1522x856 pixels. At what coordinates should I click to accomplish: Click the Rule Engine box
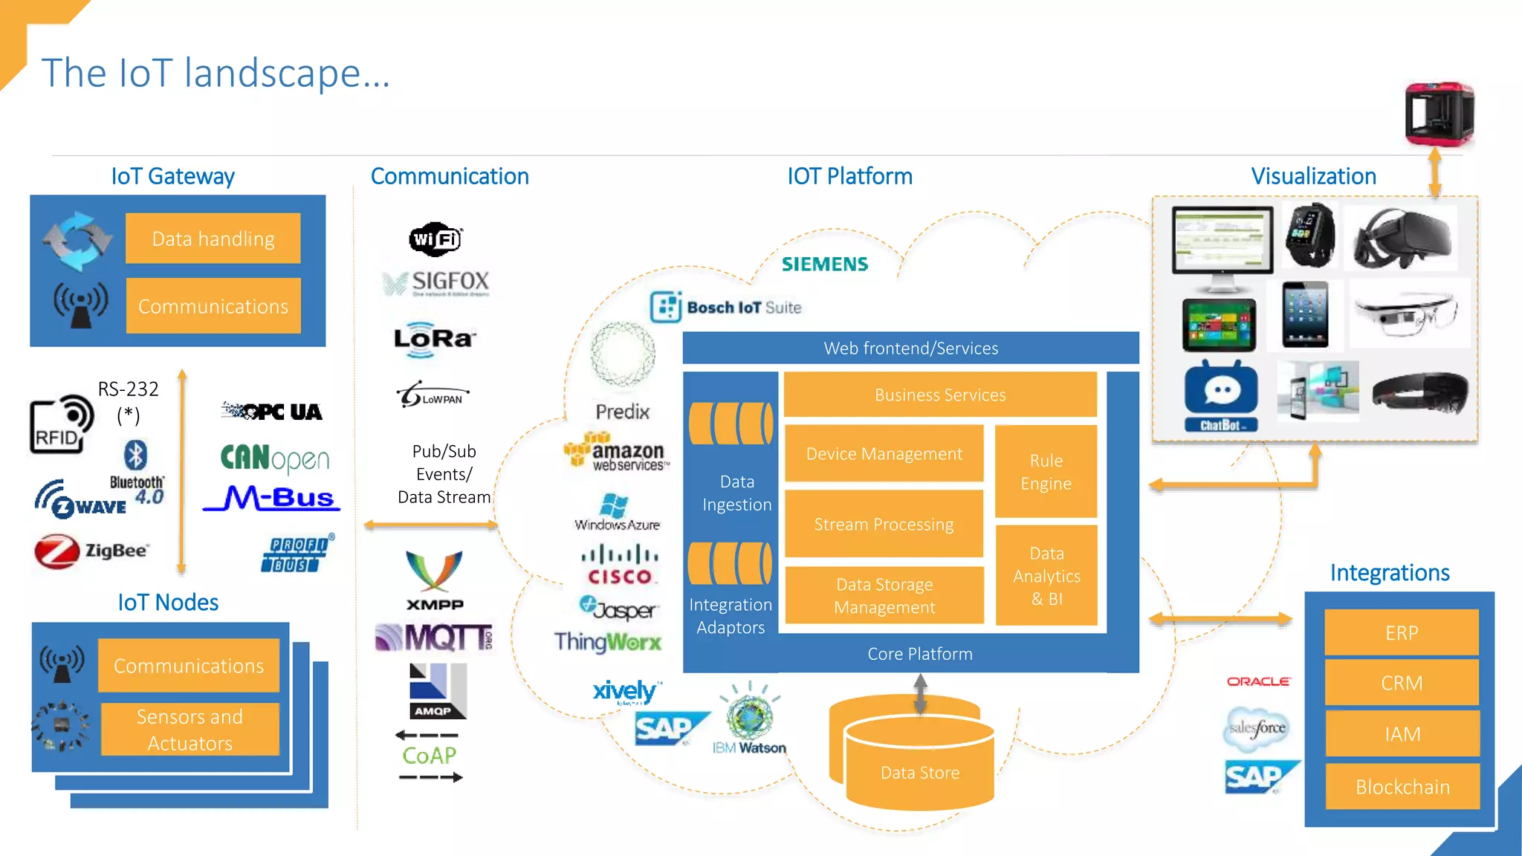tap(1046, 472)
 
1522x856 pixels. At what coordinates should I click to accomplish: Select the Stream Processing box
tap(884, 524)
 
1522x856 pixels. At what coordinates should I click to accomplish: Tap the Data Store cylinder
tap(919, 765)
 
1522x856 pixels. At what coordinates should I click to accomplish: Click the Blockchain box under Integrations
tap(1402, 787)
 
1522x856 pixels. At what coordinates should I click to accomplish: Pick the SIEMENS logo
tap(824, 265)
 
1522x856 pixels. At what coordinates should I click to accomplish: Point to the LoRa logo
tap(434, 339)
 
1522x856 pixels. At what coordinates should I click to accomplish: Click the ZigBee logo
tap(91, 551)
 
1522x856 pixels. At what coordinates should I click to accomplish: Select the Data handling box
tap(213, 239)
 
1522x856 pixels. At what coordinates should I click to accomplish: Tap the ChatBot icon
tap(1220, 396)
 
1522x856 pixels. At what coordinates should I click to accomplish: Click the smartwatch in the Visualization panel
tap(1310, 235)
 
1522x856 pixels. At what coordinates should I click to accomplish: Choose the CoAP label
tap(429, 756)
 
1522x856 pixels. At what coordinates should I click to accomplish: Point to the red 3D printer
tap(1438, 114)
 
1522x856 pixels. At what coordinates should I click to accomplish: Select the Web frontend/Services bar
tap(910, 348)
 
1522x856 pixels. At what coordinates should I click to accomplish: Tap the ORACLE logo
tap(1258, 681)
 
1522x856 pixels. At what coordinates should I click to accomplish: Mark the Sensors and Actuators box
tap(190, 730)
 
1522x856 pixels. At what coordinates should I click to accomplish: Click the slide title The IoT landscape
tap(216, 73)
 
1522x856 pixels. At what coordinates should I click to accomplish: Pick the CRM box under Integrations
tap(1402, 683)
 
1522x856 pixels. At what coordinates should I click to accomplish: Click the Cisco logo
tap(619, 565)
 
